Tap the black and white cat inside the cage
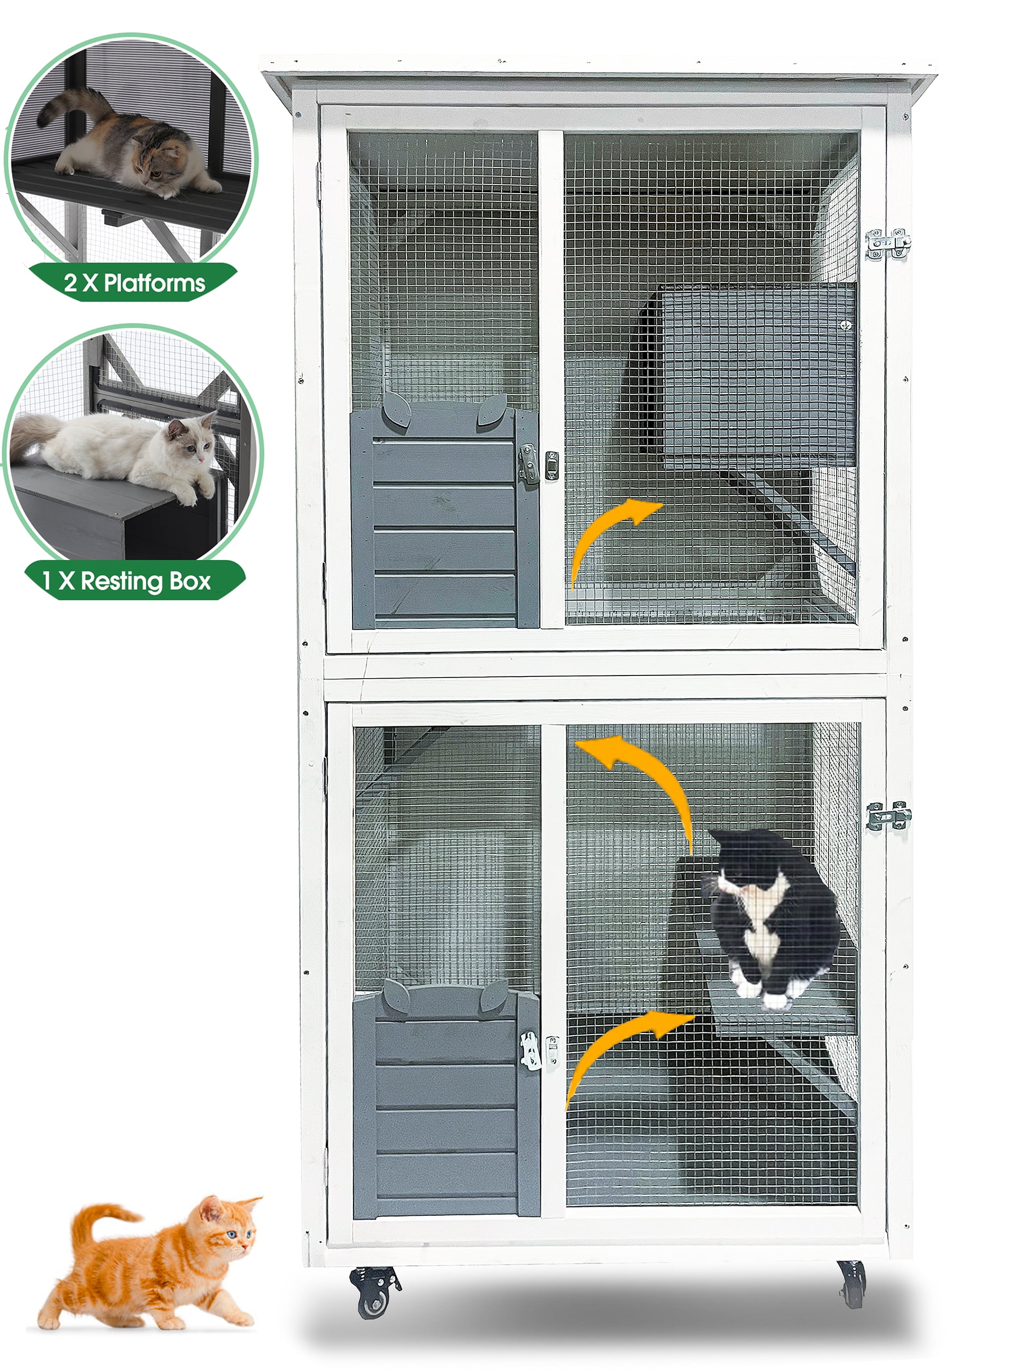(x=768, y=916)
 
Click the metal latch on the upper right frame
(x=887, y=244)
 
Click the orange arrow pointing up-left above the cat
(x=645, y=774)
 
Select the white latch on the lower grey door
(x=530, y=1051)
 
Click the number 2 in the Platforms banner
(x=70, y=284)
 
